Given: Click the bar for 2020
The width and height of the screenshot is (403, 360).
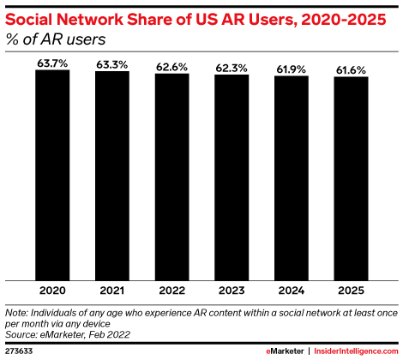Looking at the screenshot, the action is tap(52, 175).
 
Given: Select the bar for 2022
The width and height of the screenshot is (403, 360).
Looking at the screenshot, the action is tap(172, 177).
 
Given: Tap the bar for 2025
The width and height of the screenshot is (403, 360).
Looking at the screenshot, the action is tap(351, 179).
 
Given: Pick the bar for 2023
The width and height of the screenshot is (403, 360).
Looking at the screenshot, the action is tap(232, 177).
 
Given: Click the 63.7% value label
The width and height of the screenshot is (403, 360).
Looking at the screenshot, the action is tap(52, 63).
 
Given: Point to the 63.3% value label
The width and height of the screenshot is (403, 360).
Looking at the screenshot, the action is tap(112, 65).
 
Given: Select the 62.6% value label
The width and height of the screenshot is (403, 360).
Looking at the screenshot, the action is tap(171, 67).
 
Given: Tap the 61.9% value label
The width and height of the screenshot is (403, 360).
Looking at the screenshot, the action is tap(292, 69).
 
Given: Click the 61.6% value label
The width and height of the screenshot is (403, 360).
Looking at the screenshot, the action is tap(351, 70).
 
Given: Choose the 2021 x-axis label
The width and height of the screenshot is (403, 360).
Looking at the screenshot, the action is tap(112, 291).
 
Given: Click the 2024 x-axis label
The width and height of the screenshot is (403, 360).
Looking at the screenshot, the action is tap(292, 291).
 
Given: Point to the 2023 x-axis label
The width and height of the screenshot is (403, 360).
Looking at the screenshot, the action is tap(232, 291).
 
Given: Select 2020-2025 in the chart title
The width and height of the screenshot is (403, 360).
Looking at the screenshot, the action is tap(344, 20).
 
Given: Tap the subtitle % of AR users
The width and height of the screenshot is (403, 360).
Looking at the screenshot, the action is tap(56, 39).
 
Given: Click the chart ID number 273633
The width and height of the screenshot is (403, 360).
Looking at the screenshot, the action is tap(19, 351).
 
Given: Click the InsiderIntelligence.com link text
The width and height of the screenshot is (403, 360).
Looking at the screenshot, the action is tap(356, 351).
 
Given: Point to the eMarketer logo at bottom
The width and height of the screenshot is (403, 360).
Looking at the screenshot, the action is tap(285, 351).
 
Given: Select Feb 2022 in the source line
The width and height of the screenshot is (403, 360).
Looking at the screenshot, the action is tap(110, 334).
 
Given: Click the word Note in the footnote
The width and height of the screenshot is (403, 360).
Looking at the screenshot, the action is tap(16, 313).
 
